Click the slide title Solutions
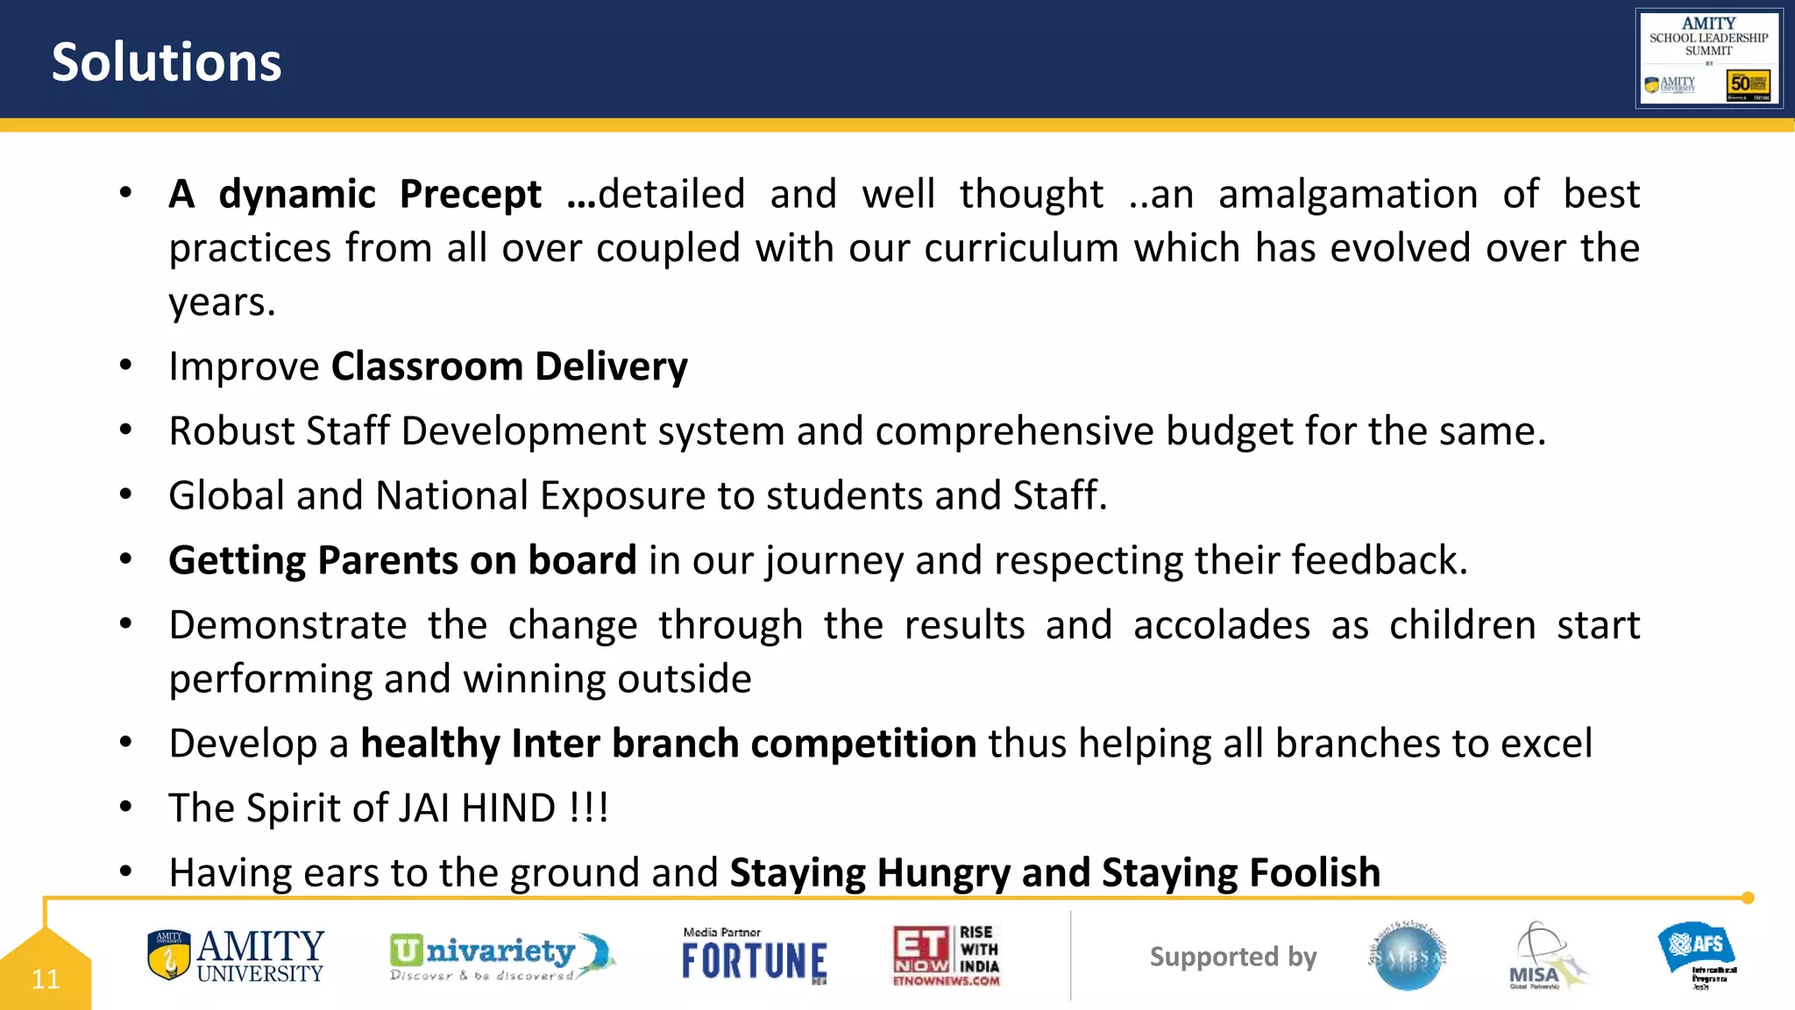click(167, 62)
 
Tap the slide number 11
click(46, 978)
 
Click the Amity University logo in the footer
click(236, 957)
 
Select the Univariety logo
click(500, 957)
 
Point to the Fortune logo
click(754, 957)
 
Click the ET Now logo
click(947, 957)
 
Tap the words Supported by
click(1233, 957)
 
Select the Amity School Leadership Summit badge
click(1709, 59)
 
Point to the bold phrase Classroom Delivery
click(509, 366)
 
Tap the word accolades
click(1222, 625)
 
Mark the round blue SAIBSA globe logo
click(1408, 957)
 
